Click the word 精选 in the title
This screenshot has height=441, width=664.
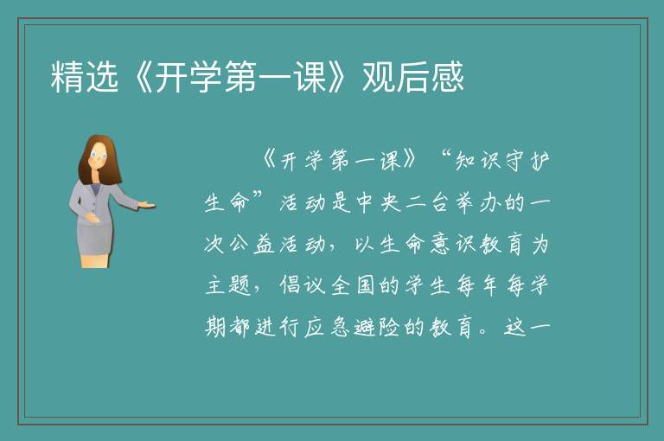pos(84,77)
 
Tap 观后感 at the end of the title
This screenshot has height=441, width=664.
pos(413,77)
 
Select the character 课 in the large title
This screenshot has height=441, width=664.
pos(311,77)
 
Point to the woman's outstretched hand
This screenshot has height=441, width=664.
pos(146,206)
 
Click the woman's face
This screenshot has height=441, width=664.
pos(99,156)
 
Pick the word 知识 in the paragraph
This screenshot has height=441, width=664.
pos(477,162)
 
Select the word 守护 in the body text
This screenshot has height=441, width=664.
pos(527,162)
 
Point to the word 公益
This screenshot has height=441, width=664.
pos(252,245)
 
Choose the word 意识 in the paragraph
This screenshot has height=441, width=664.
pos(453,245)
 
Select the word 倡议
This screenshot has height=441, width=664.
pos(303,285)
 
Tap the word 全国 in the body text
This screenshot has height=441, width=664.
pos(353,285)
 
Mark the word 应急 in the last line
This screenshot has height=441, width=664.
pos(328,328)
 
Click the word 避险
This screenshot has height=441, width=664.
pos(377,328)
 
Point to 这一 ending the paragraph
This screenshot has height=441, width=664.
pos(527,328)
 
